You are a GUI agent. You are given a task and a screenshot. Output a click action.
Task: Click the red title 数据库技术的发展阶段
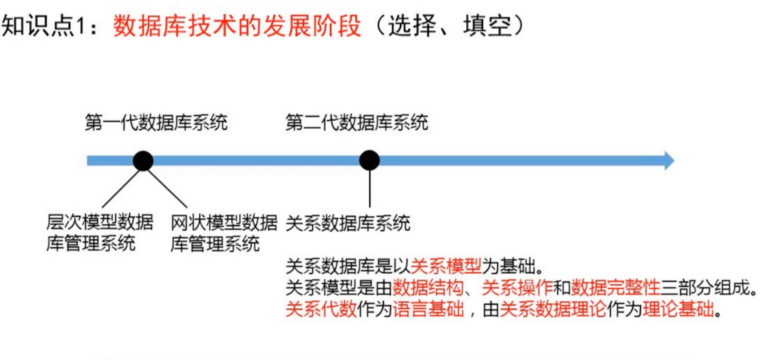pos(237,26)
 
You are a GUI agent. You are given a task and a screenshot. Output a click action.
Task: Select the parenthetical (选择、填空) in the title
pos(444,26)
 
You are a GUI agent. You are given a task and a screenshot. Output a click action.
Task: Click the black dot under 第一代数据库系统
pos(143,161)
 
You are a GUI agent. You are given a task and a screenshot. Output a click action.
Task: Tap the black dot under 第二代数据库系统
pos(369,161)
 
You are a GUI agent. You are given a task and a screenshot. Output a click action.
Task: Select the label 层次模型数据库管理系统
pos(99,233)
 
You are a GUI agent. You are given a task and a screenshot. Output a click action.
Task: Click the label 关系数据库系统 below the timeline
pos(348,223)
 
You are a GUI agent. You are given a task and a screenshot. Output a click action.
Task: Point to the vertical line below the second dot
pos(369,189)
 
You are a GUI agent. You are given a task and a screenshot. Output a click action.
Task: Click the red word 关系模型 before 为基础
pos(446,267)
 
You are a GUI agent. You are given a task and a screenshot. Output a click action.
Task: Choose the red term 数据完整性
pos(616,288)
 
